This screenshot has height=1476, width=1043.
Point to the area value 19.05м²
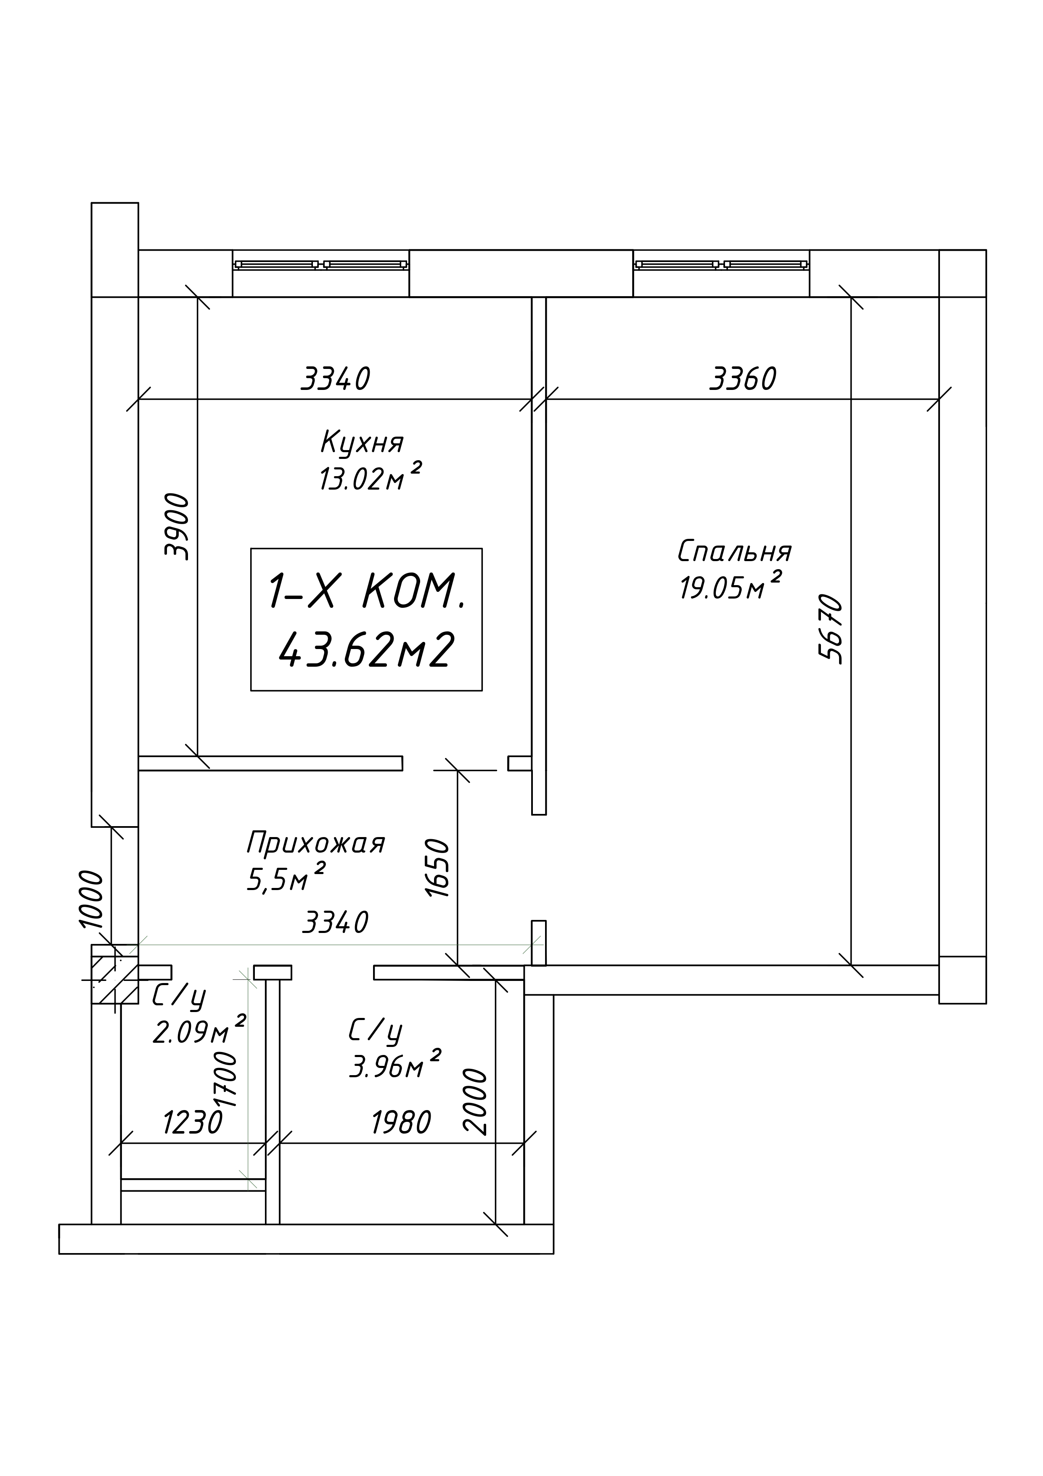[x=730, y=586]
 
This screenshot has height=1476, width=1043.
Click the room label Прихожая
[x=315, y=843]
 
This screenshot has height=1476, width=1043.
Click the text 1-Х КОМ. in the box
[x=365, y=591]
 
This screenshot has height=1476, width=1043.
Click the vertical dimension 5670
[x=830, y=629]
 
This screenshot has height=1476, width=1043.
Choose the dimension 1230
[x=192, y=1123]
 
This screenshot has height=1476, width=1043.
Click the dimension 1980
[x=401, y=1123]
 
